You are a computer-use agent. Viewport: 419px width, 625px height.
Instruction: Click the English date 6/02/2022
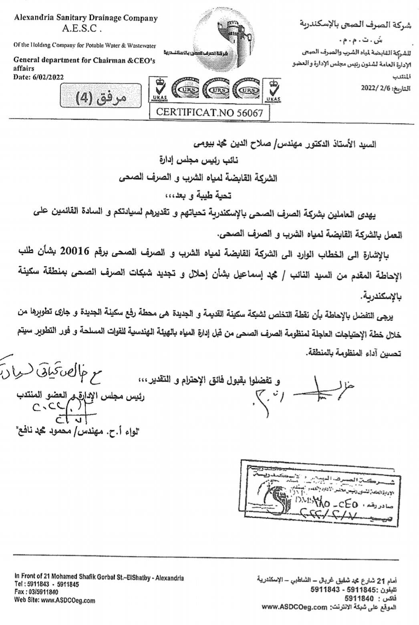[47, 77]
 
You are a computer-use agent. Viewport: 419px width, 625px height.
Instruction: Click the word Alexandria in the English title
[32, 18]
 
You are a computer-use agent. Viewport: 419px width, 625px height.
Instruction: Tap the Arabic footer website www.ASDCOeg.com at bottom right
[294, 607]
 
